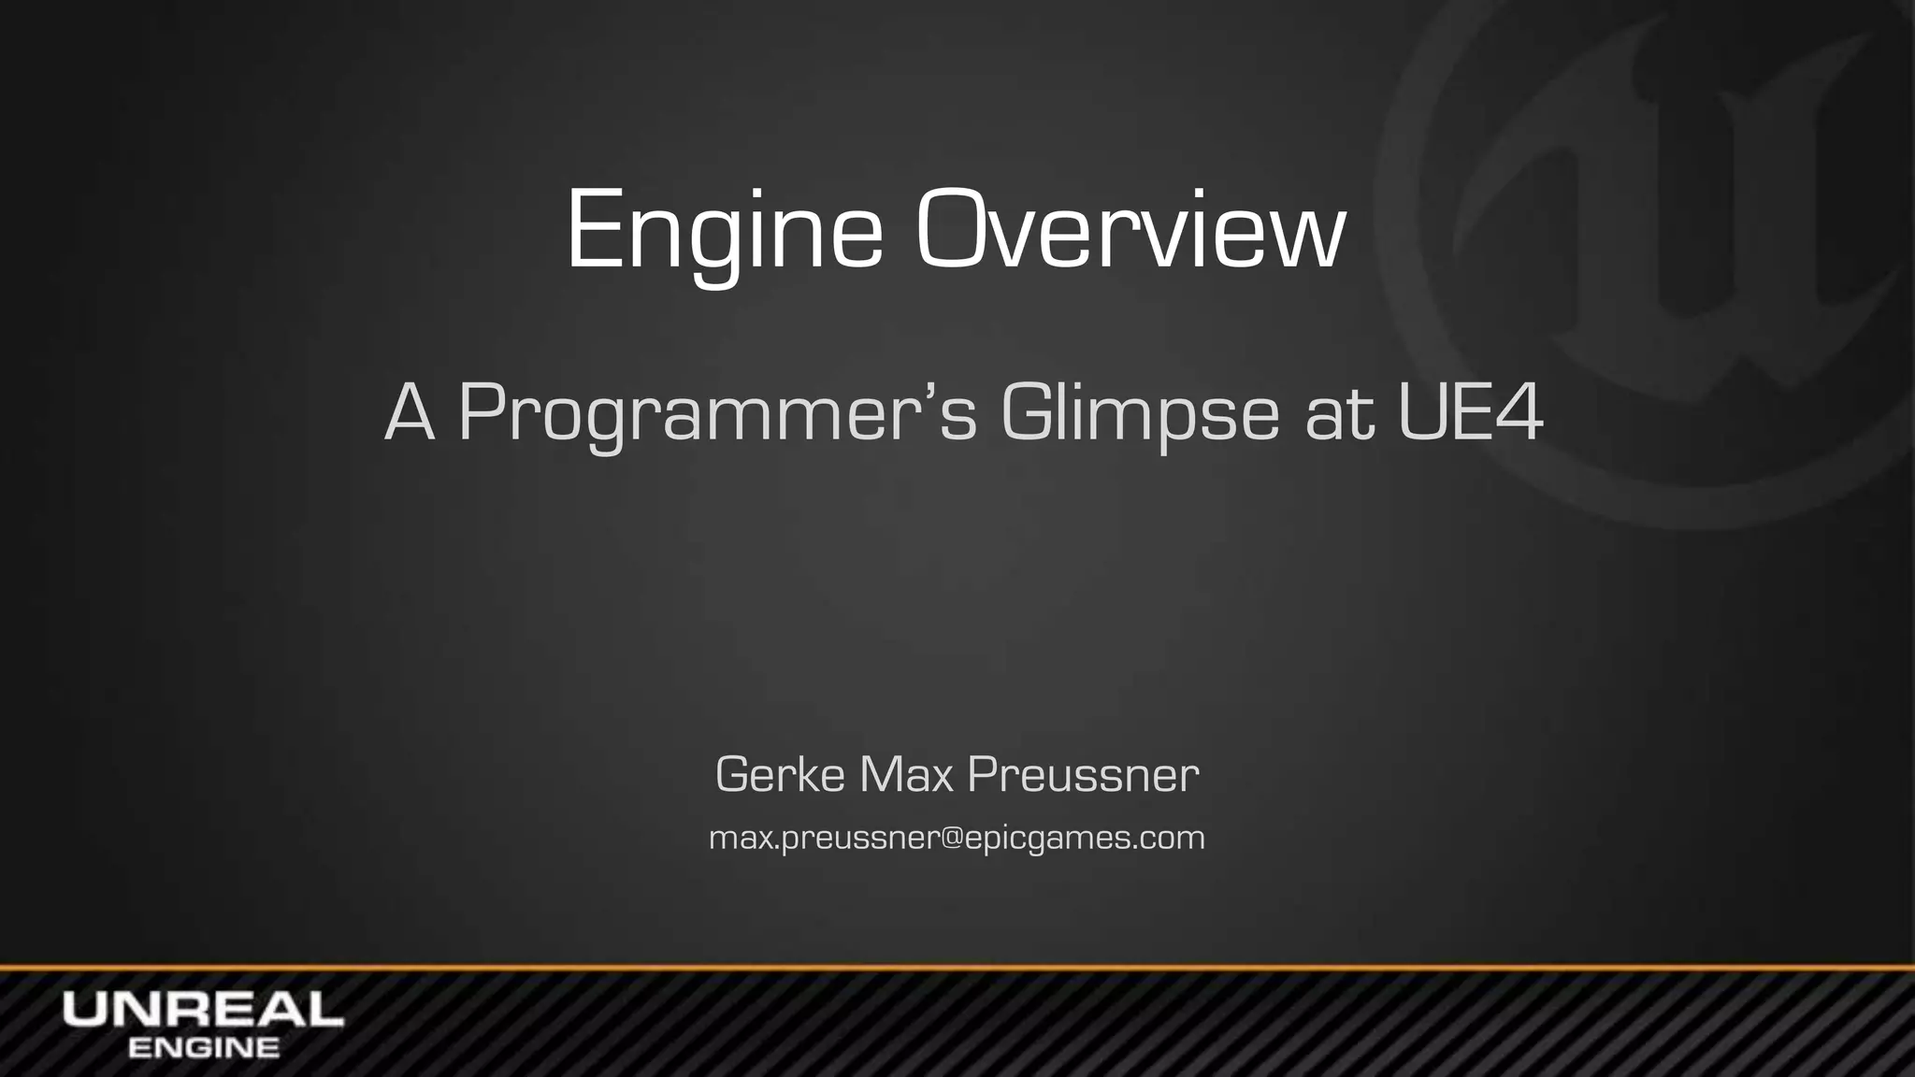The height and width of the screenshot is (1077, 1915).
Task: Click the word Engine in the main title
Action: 724,231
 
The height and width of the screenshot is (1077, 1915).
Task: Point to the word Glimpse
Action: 1139,414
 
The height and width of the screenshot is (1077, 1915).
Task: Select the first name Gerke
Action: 780,775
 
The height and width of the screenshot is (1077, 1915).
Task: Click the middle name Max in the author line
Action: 904,775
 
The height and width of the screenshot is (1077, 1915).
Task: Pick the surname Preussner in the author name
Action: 1083,775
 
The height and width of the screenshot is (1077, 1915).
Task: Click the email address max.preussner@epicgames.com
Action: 957,838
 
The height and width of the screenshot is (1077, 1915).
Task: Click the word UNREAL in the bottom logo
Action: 203,1010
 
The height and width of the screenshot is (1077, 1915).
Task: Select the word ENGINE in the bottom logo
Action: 203,1048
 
